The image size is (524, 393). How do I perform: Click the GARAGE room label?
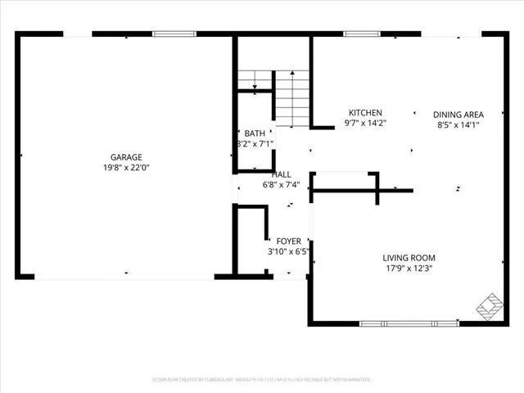127,157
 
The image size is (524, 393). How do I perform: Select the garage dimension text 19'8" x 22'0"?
127,168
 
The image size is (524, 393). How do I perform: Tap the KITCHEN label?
365,113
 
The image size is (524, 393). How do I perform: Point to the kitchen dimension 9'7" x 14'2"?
365,124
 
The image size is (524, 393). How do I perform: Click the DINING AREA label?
458,115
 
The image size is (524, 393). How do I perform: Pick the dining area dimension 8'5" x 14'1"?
458,125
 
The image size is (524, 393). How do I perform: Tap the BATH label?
255,133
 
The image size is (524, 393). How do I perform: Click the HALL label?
282,174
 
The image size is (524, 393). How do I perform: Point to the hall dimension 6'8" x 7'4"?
282,185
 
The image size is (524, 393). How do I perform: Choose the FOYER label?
288,241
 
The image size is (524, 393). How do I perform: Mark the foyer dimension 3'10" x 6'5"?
288,251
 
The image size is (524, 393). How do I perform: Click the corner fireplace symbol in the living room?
490,305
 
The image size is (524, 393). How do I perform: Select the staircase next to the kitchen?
289,95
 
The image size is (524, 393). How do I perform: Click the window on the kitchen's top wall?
356,34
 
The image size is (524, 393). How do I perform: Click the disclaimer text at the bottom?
262,380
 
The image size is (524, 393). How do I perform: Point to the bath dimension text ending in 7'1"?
255,144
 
